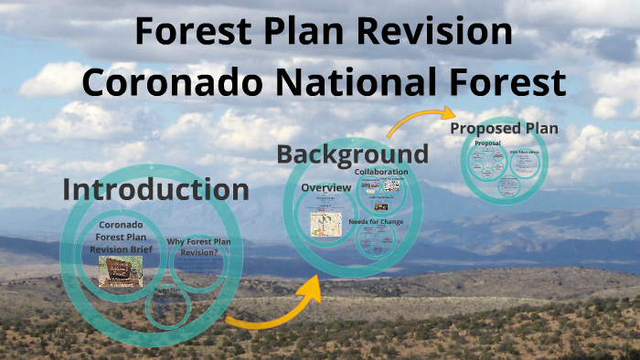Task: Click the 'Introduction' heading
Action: [x=155, y=189]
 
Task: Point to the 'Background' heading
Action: [x=352, y=154]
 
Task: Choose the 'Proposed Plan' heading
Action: [x=504, y=129]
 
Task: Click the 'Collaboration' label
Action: [x=381, y=172]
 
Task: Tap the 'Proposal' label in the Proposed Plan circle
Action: [x=486, y=143]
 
